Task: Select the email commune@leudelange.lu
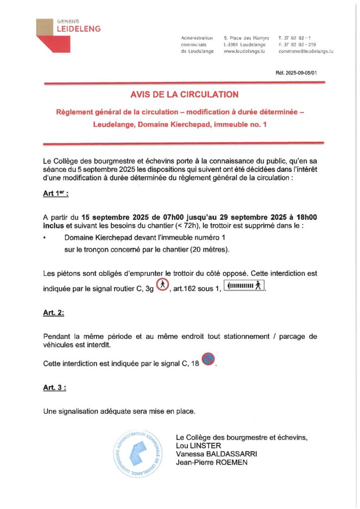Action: point(305,51)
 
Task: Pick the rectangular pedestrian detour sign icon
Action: point(244,286)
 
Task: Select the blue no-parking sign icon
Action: point(209,358)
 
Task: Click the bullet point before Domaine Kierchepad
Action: point(45,238)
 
